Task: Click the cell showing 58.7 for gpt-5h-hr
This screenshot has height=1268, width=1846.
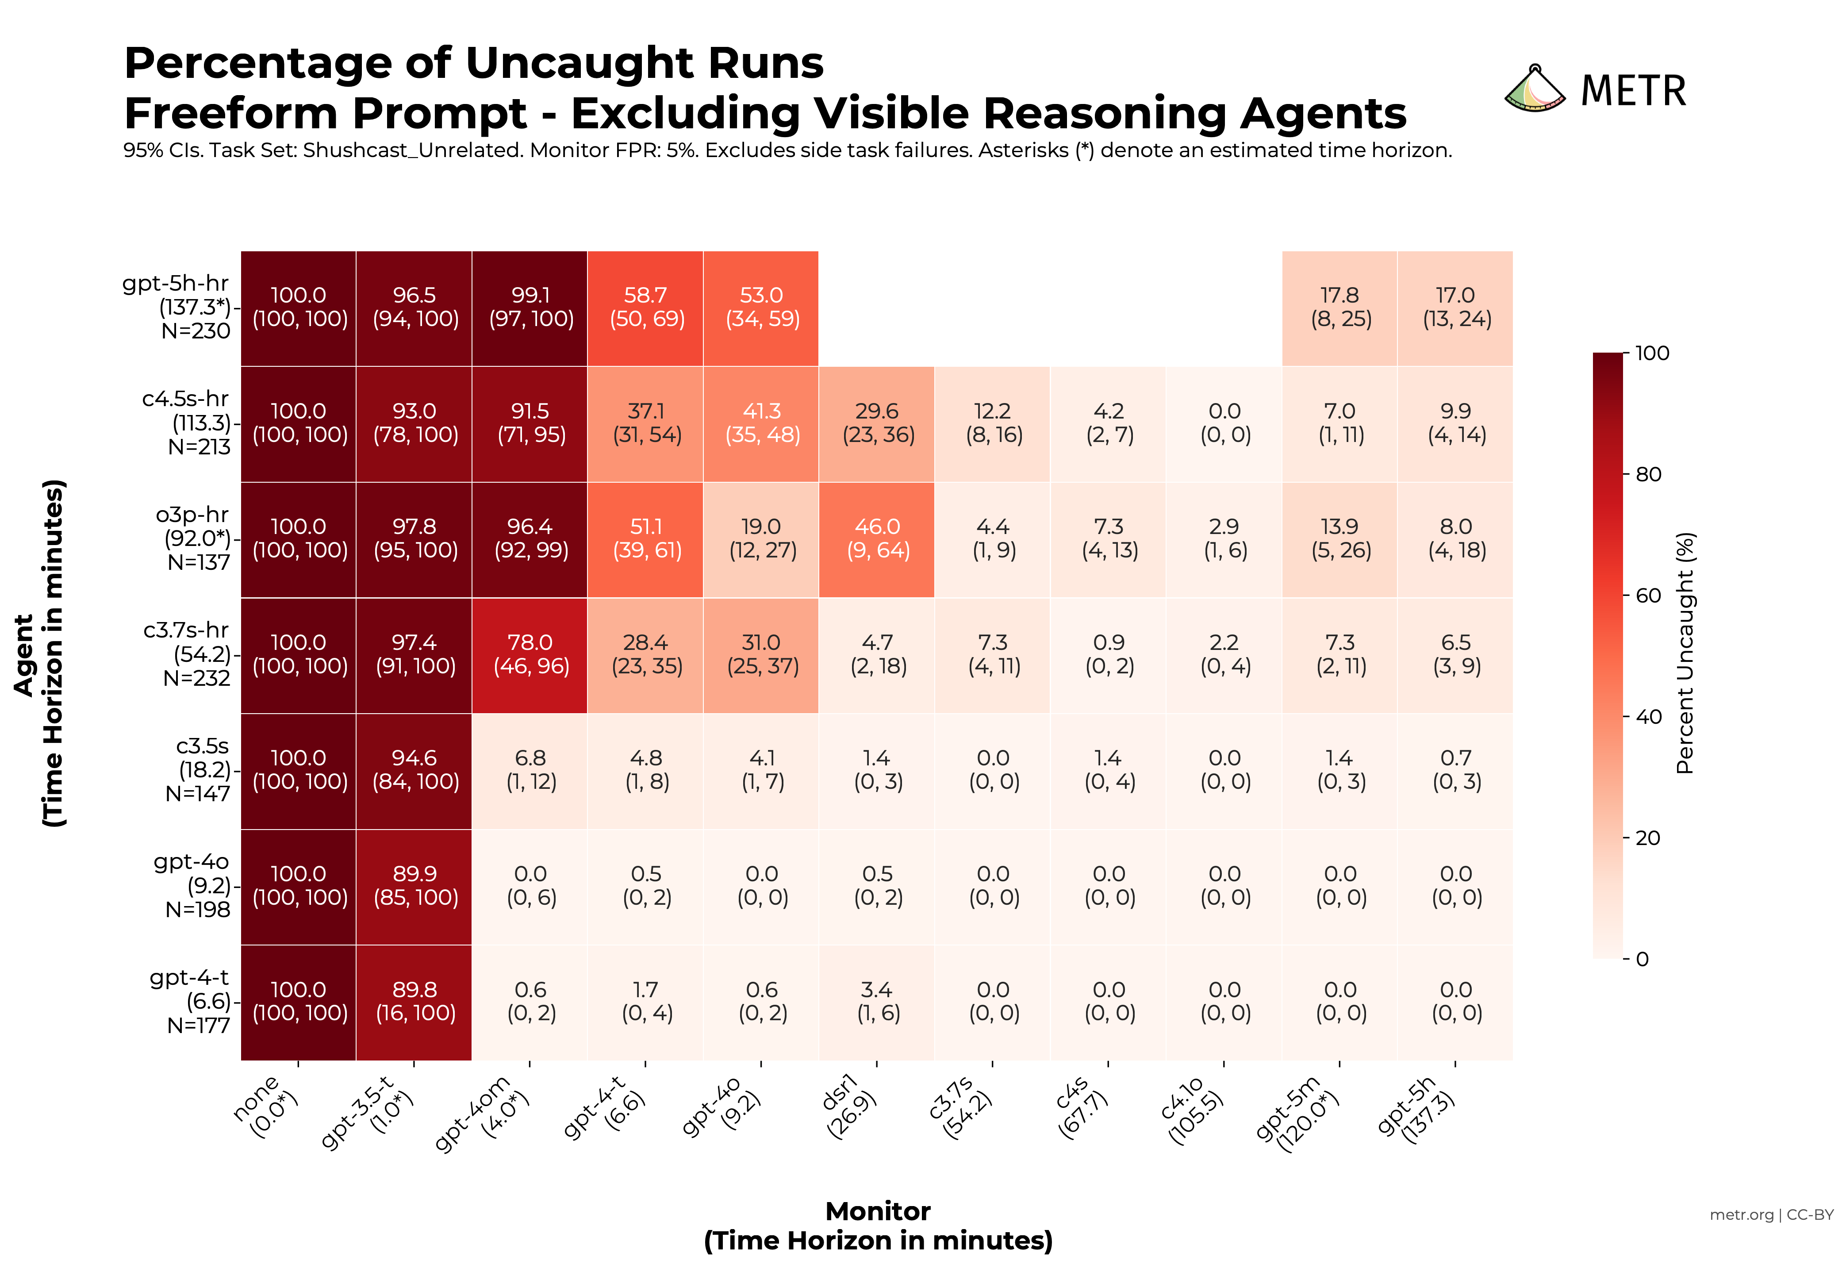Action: tap(646, 307)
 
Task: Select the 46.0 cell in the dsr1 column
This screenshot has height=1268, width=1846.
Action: tap(877, 539)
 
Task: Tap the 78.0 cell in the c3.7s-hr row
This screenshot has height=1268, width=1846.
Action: tap(530, 655)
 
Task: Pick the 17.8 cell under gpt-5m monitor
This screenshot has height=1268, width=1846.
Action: tap(1340, 307)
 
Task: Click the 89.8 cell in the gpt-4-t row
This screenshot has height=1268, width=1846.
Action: tap(414, 1002)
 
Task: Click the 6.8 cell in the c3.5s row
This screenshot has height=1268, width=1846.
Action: tap(530, 770)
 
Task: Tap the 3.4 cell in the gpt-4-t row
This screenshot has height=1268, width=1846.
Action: tap(877, 1002)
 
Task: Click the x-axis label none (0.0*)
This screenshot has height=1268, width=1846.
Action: tap(266, 1106)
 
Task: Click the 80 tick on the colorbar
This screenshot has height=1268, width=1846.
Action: tap(1648, 474)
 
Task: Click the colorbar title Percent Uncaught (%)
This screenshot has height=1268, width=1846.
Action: tap(1685, 653)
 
